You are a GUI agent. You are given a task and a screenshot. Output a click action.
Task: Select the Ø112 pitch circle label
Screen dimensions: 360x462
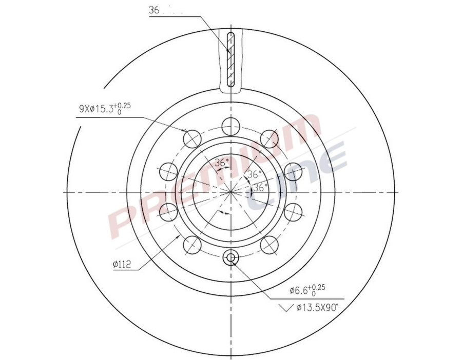tap(122, 265)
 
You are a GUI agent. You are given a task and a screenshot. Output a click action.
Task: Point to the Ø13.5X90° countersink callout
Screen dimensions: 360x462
tap(319, 308)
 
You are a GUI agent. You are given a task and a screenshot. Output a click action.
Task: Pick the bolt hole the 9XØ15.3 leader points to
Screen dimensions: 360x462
tap(191, 137)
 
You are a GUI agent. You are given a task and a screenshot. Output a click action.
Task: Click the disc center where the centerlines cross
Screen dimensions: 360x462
tap(230, 192)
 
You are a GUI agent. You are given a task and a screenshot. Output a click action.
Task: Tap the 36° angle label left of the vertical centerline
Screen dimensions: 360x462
tap(221, 163)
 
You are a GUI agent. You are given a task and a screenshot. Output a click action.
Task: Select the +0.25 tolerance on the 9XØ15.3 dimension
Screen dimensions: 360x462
tap(124, 105)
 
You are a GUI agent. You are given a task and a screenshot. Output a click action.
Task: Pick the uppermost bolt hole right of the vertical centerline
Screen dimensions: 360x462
tap(269, 137)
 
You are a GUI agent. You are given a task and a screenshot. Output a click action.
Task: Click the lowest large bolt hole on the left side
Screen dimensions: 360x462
tap(191, 245)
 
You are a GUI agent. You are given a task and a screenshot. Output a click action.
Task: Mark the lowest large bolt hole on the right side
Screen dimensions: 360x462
tap(269, 245)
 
